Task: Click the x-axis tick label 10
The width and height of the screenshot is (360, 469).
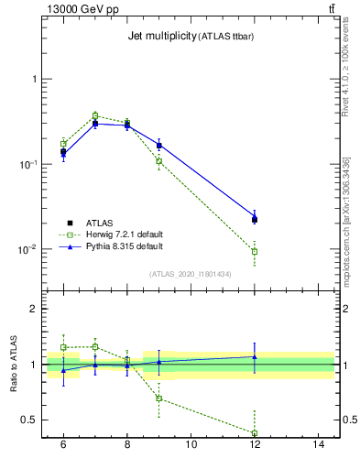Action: [x=191, y=444]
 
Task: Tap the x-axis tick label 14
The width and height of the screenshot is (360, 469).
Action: [x=319, y=444]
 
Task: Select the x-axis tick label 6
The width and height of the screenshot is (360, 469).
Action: [x=63, y=444]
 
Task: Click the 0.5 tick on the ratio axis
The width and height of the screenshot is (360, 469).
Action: [x=32, y=420]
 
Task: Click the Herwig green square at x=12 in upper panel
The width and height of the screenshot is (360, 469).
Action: [x=255, y=251]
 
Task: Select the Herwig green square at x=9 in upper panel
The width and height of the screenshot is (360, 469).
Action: [x=158, y=161]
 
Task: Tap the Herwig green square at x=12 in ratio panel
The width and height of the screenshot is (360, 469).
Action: [x=255, y=432]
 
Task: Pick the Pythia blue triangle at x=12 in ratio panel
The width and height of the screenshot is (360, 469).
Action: [x=255, y=356]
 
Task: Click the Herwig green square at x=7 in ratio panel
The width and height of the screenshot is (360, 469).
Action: [x=95, y=346]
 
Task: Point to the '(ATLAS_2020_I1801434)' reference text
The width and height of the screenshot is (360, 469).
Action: [x=190, y=274]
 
